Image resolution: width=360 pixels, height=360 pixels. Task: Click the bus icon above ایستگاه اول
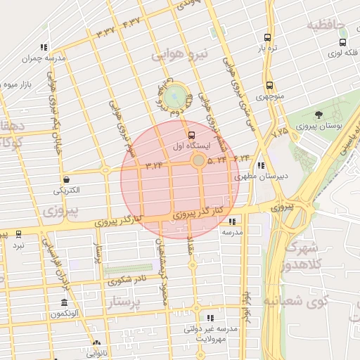coord(191,134)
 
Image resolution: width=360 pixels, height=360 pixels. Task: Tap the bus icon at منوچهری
coord(269,84)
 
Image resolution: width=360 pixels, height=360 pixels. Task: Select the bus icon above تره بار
coord(267,37)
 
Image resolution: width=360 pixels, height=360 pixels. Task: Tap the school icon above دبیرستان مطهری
coord(261,166)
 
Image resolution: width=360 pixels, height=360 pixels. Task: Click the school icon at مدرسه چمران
coord(44,48)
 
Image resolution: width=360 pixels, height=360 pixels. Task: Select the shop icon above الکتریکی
coord(66,180)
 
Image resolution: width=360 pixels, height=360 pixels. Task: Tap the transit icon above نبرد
coord(18,234)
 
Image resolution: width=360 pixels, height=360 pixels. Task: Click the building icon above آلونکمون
coord(64,302)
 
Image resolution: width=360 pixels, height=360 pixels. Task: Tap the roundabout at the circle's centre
coord(199,161)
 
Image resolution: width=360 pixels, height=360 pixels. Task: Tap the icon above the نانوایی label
coord(96,344)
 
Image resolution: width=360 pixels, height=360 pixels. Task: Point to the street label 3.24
coord(154,165)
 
